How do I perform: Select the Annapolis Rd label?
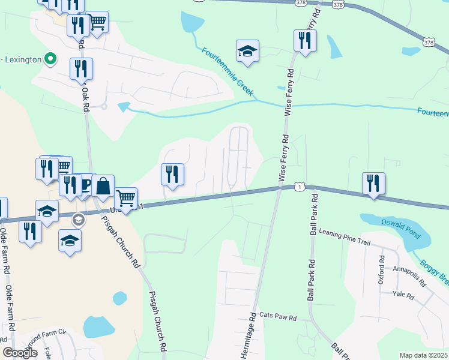point(409,269)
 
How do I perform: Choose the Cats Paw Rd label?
point(278,316)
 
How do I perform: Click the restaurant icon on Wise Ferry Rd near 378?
point(305,41)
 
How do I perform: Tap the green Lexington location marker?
point(50,59)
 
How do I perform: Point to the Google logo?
point(20,353)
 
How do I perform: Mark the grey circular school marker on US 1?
point(77,220)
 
